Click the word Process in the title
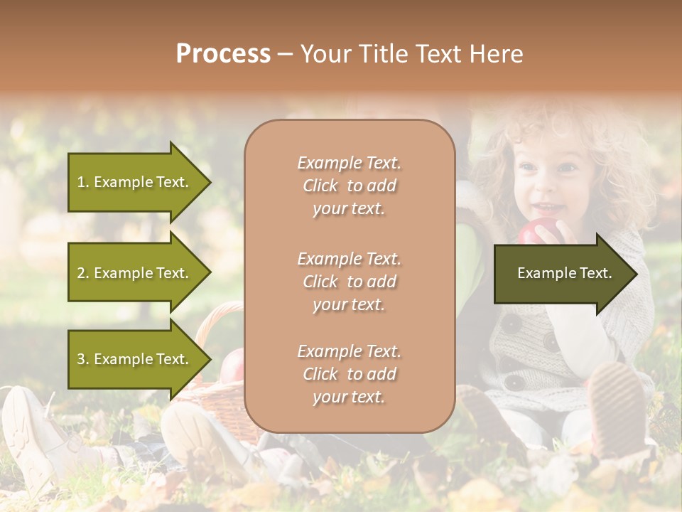(223, 54)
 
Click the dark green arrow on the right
(564, 274)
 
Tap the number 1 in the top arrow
(81, 183)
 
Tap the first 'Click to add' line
(349, 186)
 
